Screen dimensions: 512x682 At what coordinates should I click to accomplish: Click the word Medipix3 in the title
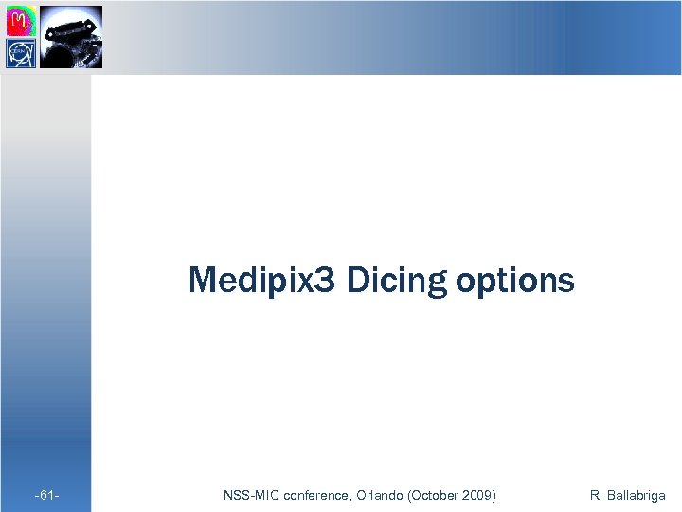pyautogui.click(x=261, y=281)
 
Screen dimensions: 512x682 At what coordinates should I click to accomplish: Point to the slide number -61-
pyautogui.click(x=47, y=495)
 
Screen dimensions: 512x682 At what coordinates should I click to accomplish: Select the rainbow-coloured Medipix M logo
pyautogui.click(x=21, y=21)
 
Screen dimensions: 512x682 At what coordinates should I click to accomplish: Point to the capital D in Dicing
pyautogui.click(x=356, y=281)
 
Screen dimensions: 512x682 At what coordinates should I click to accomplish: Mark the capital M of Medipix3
pyautogui.click(x=203, y=281)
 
